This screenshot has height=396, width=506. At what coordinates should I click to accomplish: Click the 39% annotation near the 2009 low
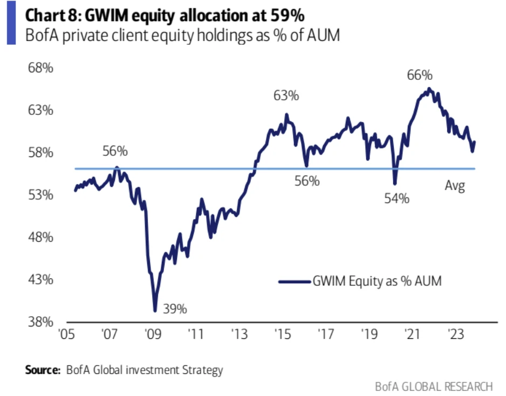(176, 309)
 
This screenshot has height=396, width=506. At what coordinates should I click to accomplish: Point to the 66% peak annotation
(420, 76)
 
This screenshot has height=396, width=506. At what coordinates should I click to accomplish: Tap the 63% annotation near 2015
(286, 96)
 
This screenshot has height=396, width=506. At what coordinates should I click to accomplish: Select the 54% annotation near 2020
(397, 199)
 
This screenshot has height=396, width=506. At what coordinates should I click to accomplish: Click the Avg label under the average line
(455, 187)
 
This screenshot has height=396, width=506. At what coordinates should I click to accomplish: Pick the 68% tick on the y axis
(41, 69)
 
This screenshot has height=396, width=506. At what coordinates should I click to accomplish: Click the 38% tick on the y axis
(41, 322)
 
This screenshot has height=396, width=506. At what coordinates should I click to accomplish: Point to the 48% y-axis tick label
(41, 237)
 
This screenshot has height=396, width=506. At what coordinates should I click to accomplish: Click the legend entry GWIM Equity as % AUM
(377, 281)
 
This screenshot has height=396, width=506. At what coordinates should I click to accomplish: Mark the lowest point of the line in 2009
(155, 311)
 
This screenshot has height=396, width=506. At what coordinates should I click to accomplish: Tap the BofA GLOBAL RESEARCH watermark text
(434, 386)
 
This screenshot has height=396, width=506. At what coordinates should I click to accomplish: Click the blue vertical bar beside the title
(11, 25)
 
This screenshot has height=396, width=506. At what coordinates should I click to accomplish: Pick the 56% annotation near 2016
(307, 181)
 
